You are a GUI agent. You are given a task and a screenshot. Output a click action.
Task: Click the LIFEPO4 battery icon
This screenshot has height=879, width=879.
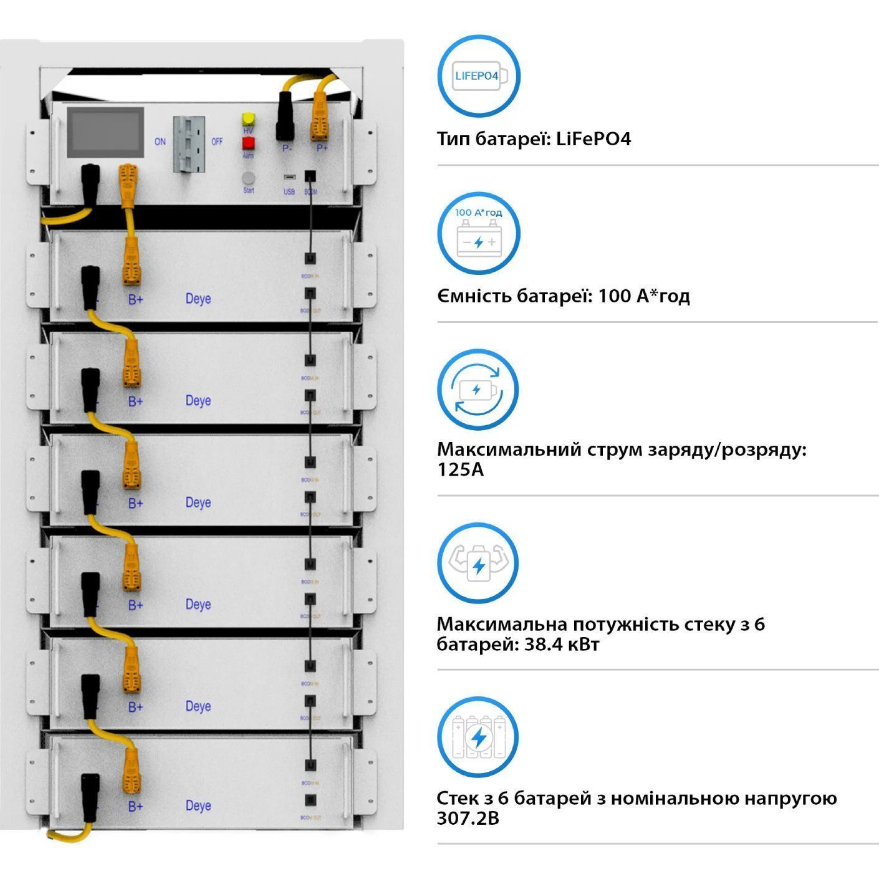(478, 76)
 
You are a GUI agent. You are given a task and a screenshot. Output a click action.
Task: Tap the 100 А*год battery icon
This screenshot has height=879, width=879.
(478, 233)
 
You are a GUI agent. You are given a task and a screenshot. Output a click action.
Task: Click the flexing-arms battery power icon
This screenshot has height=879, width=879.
(478, 563)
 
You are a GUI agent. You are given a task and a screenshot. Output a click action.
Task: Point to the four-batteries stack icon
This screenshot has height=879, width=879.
(478, 737)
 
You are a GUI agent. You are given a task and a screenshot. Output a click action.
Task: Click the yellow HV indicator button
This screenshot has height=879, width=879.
(248, 119)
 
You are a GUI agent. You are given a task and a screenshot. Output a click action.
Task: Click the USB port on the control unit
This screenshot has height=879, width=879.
(289, 178)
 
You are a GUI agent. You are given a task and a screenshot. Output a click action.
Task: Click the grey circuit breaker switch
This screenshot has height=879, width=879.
(189, 144)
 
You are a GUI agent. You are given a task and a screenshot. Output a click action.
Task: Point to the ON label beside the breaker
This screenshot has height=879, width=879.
(160, 142)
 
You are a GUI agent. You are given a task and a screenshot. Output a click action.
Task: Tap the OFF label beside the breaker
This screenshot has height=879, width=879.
(217, 142)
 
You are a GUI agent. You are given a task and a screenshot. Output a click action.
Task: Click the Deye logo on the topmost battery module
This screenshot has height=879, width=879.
(198, 299)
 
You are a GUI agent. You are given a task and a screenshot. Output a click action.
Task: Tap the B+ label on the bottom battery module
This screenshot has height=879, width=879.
(135, 806)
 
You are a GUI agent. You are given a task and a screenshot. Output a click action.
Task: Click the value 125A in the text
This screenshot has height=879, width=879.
(460, 469)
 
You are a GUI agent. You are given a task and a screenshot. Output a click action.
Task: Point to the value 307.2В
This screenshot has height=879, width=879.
(468, 818)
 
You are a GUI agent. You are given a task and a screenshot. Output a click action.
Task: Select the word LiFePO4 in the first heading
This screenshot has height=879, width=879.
(593, 138)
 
